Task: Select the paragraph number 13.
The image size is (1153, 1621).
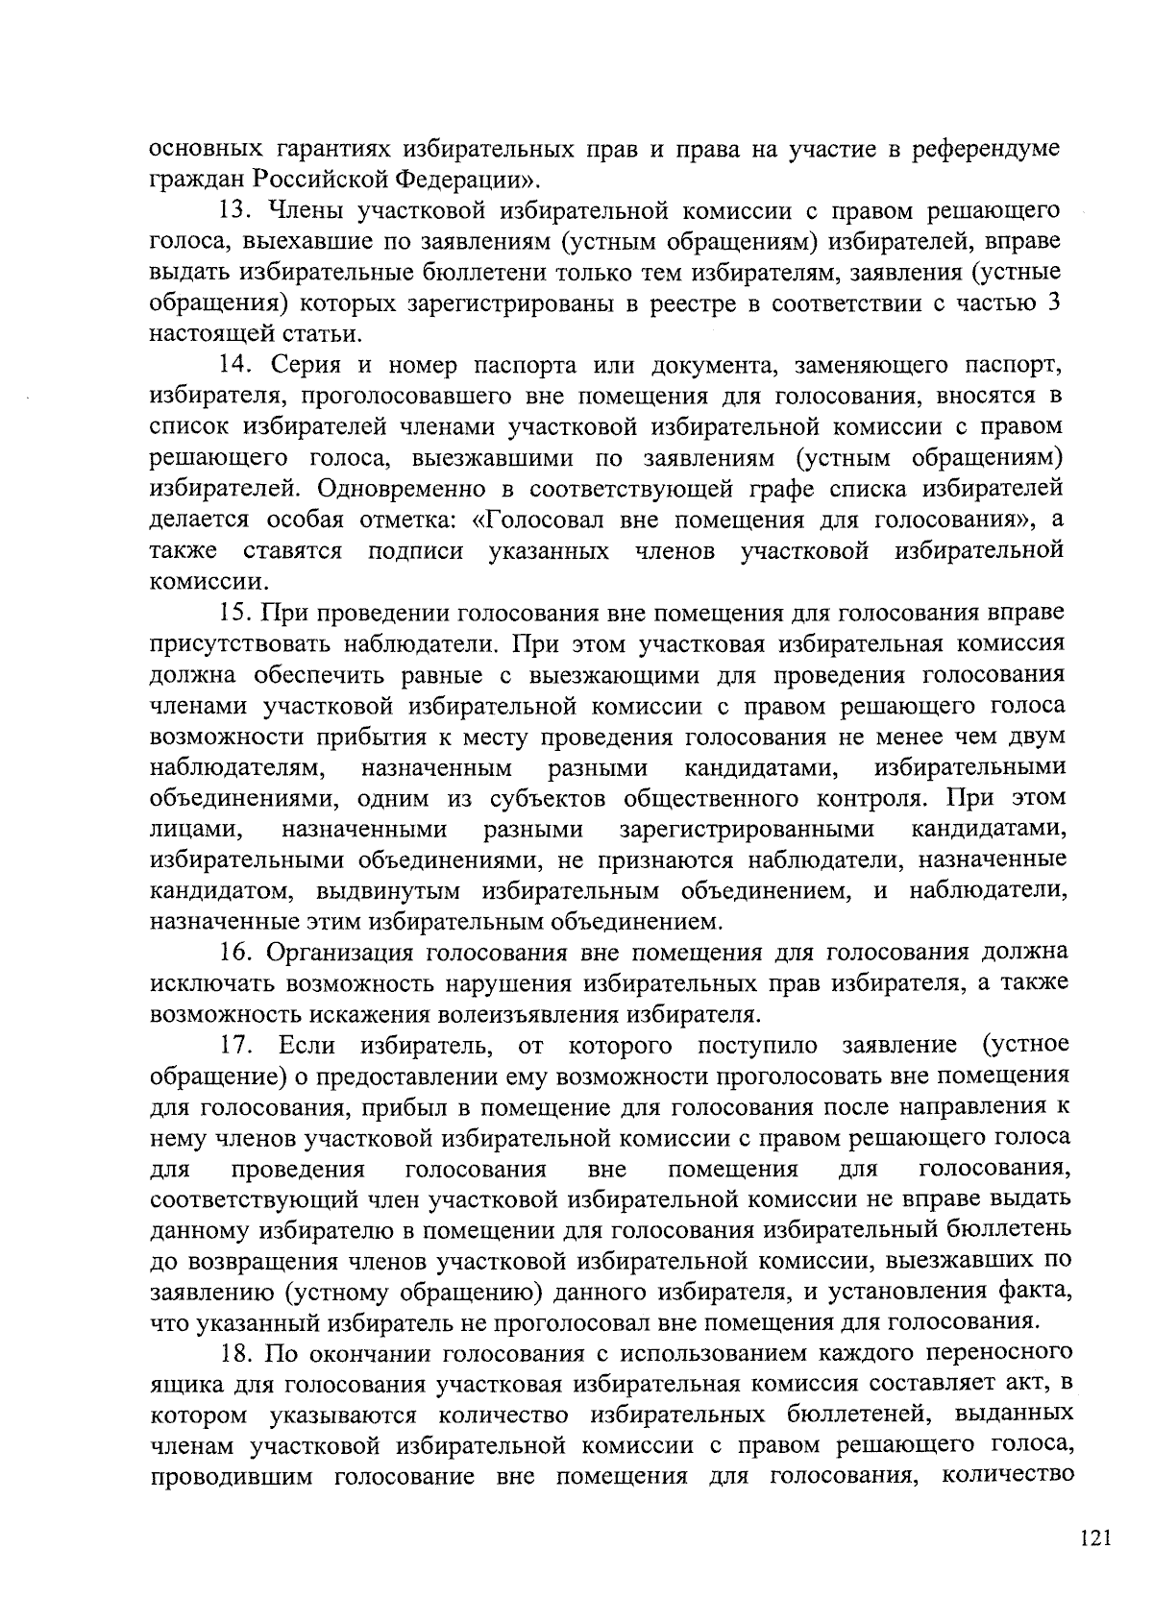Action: [x=235, y=210]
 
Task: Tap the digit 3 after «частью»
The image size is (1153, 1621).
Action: [x=1054, y=303]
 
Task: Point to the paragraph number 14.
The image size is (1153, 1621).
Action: [x=235, y=365]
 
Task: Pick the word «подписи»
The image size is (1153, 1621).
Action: [x=416, y=551]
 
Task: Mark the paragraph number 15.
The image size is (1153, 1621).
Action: [x=235, y=613]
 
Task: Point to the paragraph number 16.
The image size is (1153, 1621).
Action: [x=235, y=953]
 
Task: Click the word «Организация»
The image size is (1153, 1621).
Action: [x=337, y=953]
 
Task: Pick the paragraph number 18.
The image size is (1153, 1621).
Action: [x=235, y=1354]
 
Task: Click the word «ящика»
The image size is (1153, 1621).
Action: [x=186, y=1386]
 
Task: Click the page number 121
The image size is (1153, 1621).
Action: [x=1094, y=1540]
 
